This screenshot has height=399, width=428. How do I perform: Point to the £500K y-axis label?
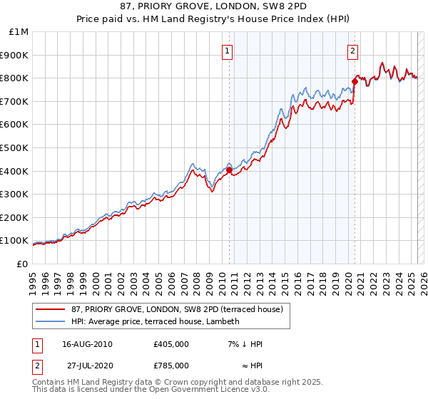point(15,147)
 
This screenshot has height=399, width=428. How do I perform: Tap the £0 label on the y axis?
point(23,264)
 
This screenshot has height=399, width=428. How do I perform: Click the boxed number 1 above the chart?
point(227,50)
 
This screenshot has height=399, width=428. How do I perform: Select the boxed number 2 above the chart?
point(352,50)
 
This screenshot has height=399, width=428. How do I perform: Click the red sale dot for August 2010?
point(229,170)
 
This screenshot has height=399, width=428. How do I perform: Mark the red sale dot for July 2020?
point(355,81)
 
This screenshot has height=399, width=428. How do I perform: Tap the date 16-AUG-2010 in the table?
point(87,344)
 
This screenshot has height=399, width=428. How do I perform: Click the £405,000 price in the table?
point(170,344)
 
